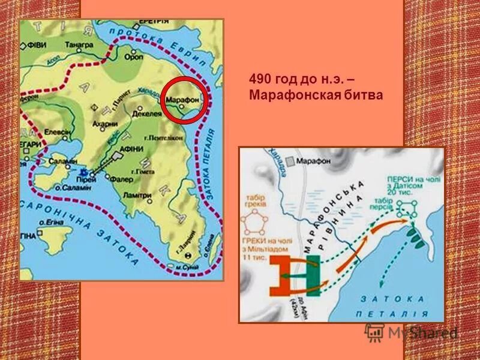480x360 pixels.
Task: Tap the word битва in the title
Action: point(362,95)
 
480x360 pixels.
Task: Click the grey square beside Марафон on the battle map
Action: point(290,161)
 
